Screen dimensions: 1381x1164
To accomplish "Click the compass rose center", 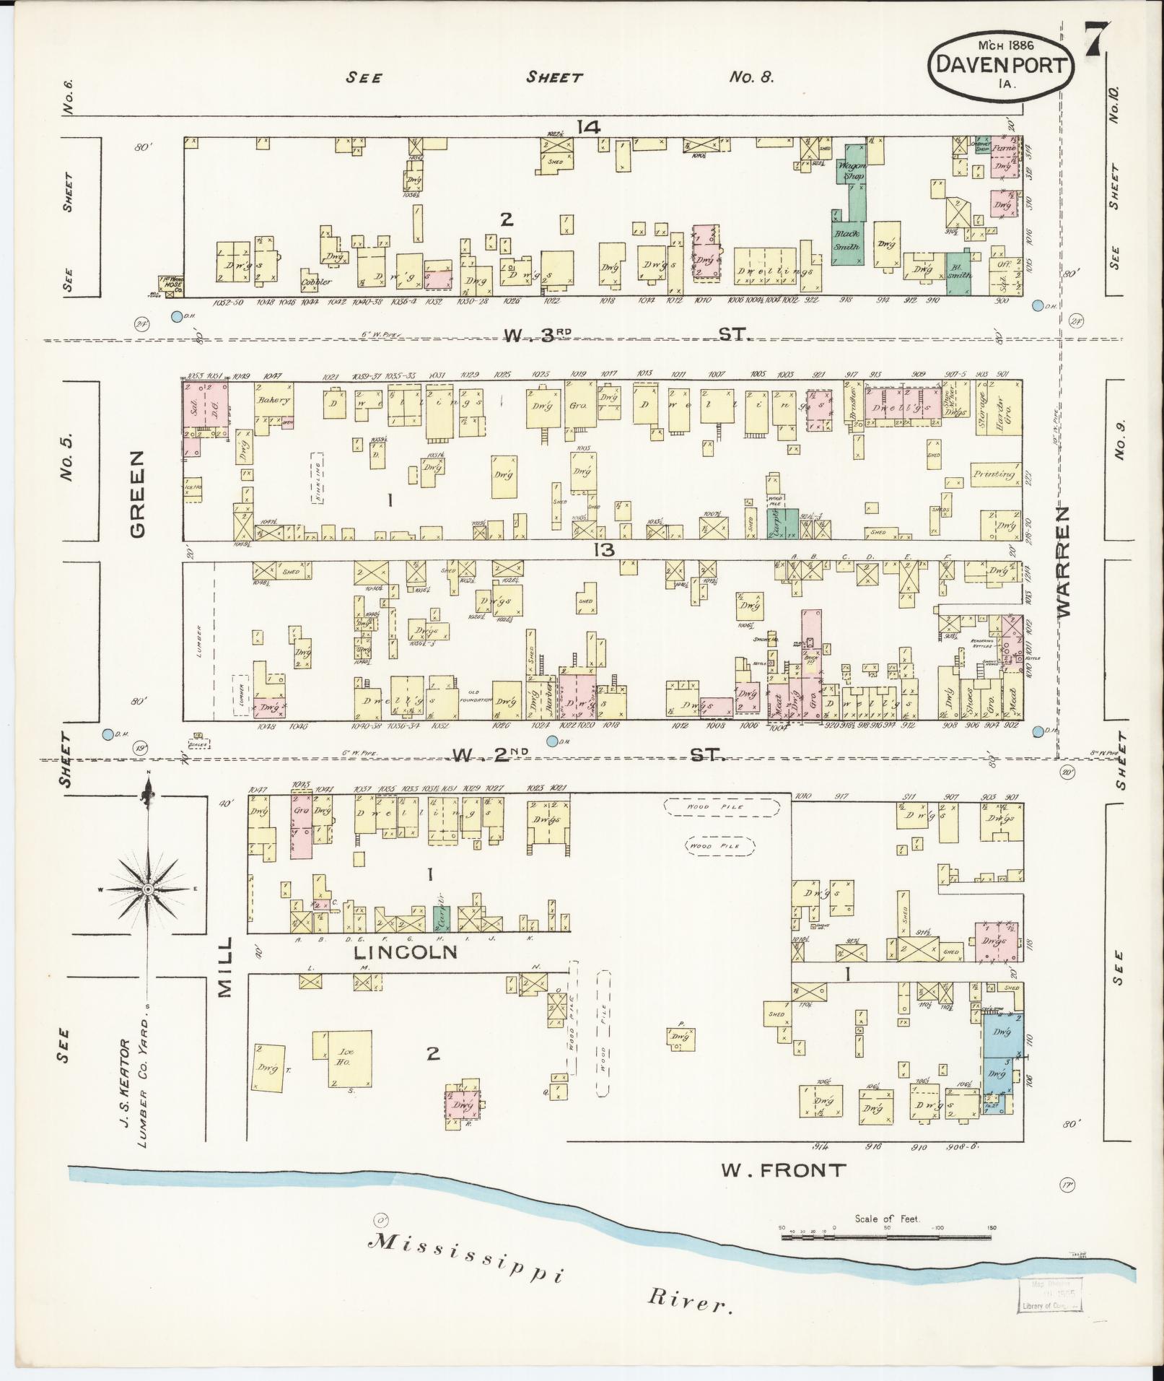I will [148, 889].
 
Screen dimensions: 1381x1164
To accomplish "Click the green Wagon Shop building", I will [852, 171].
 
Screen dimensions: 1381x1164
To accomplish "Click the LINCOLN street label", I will [406, 952].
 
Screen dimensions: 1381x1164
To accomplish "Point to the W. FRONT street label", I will [784, 1169].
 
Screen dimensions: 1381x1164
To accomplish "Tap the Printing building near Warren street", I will [994, 474].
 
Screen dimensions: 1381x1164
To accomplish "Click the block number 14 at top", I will [588, 128].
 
